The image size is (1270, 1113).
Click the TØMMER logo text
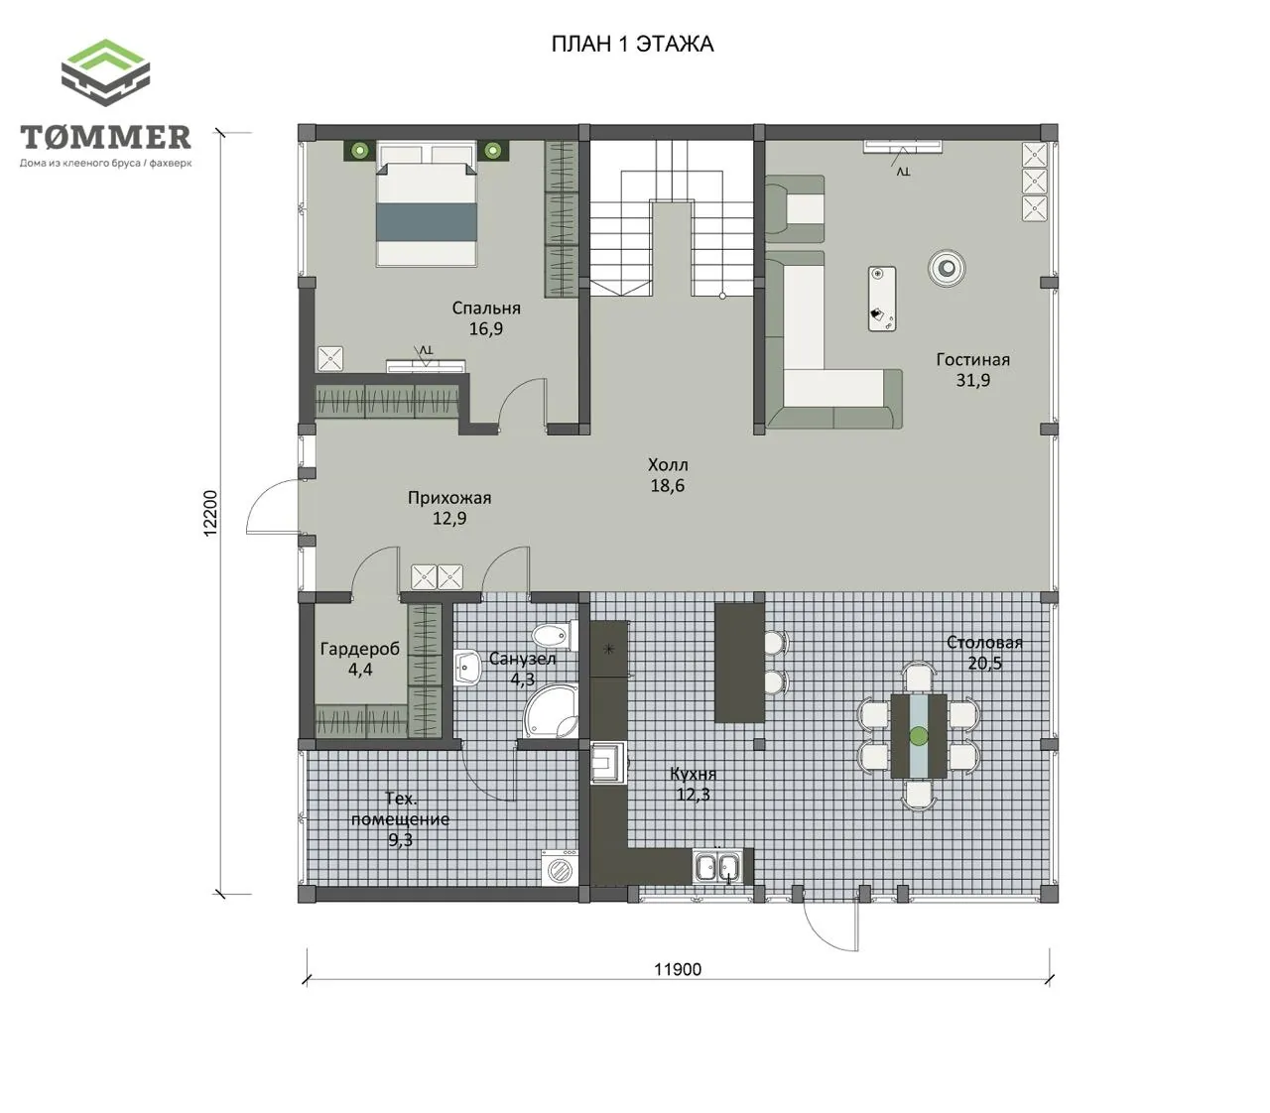click(x=106, y=137)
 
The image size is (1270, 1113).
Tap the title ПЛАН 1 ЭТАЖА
click(x=632, y=45)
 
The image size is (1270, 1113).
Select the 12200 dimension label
click(x=210, y=513)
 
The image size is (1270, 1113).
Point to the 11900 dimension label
click(x=678, y=969)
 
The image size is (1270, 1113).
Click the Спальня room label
click(x=486, y=309)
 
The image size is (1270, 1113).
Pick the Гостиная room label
click(x=973, y=360)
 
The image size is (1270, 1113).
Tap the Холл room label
click(x=668, y=465)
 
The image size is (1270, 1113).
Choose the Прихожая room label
click(x=449, y=498)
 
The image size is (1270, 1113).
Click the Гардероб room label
click(x=360, y=649)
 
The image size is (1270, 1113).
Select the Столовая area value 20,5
click(x=985, y=663)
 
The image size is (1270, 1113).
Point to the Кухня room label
click(x=693, y=775)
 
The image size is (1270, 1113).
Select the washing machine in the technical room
click(x=560, y=867)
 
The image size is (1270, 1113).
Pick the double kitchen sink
click(x=717, y=867)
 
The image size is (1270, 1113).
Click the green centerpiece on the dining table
click(x=919, y=736)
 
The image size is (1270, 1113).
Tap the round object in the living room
click(x=947, y=268)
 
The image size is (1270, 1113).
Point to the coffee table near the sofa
click(x=882, y=299)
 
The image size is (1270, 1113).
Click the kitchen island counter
click(x=740, y=663)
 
